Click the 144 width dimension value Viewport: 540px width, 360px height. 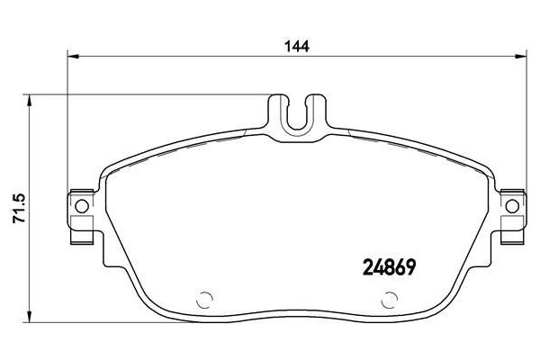(x=296, y=46)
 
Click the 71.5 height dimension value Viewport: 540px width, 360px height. (x=19, y=209)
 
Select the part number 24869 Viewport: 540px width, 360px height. (x=389, y=267)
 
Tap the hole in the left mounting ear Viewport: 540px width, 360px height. (x=82, y=206)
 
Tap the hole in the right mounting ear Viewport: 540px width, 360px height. (x=512, y=206)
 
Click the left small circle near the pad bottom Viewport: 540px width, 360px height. (x=204, y=300)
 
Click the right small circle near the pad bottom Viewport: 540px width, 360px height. (x=389, y=300)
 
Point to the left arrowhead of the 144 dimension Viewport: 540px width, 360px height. (x=74, y=56)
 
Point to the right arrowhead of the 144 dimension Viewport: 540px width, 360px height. (x=520, y=56)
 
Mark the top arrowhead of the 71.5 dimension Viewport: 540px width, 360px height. (x=30, y=100)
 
